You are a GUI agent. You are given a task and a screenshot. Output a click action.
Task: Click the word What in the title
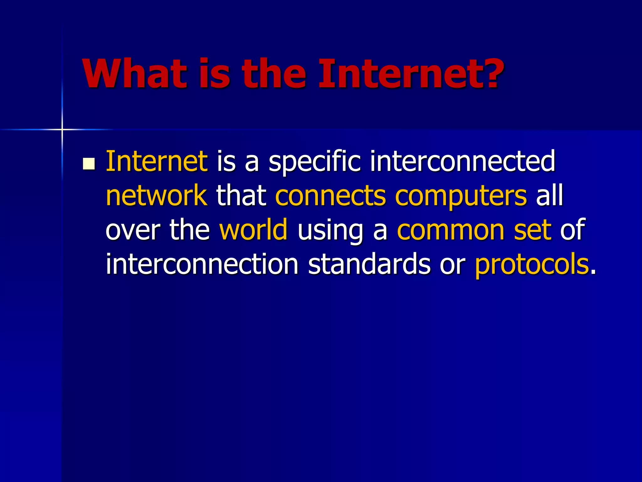(x=135, y=74)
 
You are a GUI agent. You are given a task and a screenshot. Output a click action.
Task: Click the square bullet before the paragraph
(x=89, y=163)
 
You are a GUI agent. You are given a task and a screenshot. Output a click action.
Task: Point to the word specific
(x=315, y=162)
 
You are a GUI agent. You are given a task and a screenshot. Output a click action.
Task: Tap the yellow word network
(x=156, y=195)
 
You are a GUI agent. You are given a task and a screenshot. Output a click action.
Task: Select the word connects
(x=330, y=196)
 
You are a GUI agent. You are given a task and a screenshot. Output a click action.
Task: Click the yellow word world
(x=253, y=229)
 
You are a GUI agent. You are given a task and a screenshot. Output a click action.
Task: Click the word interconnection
(x=202, y=264)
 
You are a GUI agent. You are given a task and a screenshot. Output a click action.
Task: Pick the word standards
(x=369, y=264)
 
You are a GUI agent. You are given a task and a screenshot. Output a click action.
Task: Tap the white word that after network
(x=241, y=195)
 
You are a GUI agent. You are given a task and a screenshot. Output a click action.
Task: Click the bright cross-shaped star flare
(x=62, y=129)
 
